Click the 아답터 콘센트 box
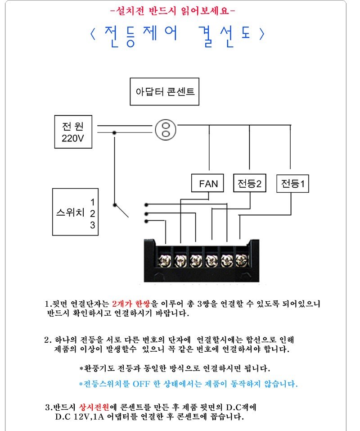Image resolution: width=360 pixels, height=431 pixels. pyautogui.click(x=165, y=91)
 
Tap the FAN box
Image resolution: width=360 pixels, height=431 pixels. pyautogui.click(x=208, y=183)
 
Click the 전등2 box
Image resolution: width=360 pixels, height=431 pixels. pyautogui.click(x=249, y=183)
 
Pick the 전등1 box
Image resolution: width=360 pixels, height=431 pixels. pyautogui.click(x=292, y=183)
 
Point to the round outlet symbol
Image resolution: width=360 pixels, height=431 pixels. pyautogui.click(x=165, y=130)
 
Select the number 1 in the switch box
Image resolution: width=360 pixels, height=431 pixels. pyautogui.click(x=92, y=202)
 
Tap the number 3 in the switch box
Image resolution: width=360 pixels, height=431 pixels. pyautogui.click(x=92, y=225)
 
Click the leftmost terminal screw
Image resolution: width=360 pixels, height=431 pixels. pyautogui.click(x=165, y=260)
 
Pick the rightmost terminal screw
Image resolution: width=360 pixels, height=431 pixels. pyautogui.click(x=241, y=260)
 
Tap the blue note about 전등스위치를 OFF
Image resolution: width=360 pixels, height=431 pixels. pyautogui.click(x=188, y=384)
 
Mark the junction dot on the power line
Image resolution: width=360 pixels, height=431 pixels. pyautogui.click(x=115, y=132)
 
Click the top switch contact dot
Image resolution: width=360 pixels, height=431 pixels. pyautogui.click(x=147, y=204)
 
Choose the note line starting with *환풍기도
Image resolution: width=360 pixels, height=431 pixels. pyautogui.click(x=175, y=368)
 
